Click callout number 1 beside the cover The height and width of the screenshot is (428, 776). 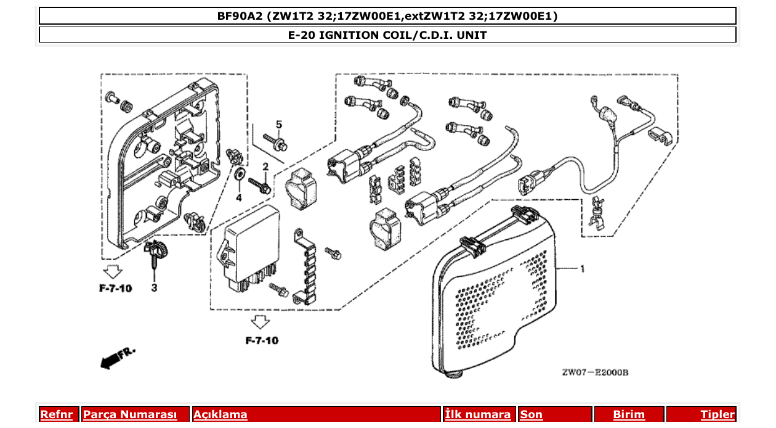tap(582, 268)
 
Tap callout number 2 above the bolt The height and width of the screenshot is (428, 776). tap(265, 167)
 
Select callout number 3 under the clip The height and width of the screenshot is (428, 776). tap(153, 287)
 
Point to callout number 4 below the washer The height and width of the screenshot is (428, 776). tap(239, 198)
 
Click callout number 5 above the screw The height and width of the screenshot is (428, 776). tap(278, 125)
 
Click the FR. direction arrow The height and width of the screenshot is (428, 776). tap(116, 357)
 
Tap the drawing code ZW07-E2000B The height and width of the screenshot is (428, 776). tap(594, 372)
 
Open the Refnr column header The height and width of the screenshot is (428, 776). tap(57, 414)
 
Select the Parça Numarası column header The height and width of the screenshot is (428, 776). tap(130, 414)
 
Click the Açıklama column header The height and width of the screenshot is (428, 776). tap(220, 414)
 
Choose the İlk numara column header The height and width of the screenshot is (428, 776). tap(478, 414)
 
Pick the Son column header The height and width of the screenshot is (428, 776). tap(531, 414)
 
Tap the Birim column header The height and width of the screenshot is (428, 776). tap(629, 414)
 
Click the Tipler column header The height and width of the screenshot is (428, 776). tap(717, 414)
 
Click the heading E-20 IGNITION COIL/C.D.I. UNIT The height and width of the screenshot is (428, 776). tap(387, 35)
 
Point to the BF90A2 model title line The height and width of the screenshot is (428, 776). tap(387, 16)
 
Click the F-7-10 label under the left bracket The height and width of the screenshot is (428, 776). tap(115, 288)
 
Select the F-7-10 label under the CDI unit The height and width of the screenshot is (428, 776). tap(261, 340)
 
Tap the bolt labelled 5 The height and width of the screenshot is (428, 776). tap(276, 142)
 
